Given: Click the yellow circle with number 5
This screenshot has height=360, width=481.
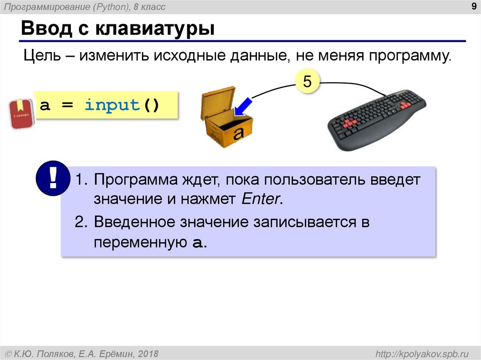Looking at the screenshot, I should pyautogui.click(x=307, y=82).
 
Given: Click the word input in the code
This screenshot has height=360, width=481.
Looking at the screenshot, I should pyautogui.click(x=112, y=105).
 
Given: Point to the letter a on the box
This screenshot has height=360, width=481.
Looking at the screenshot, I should pyautogui.click(x=239, y=133).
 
